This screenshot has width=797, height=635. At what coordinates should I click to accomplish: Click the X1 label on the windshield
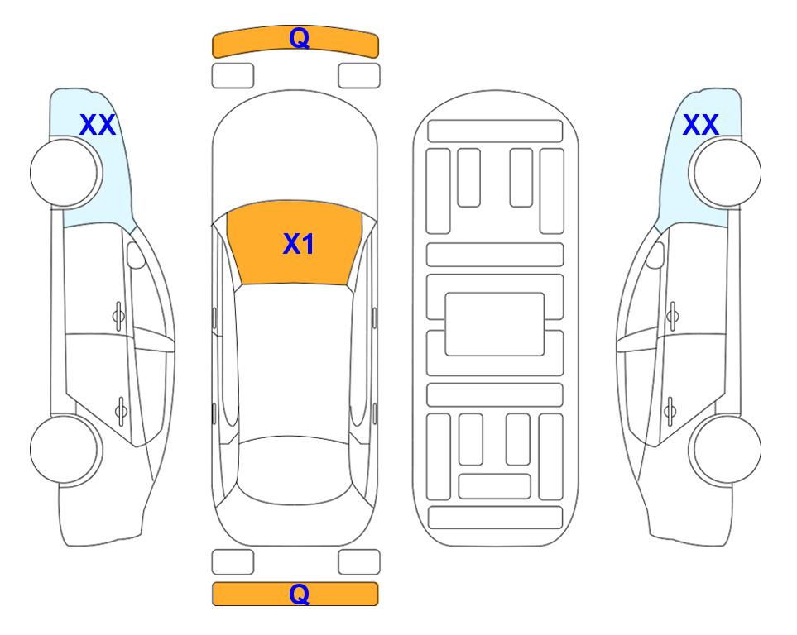click(299, 244)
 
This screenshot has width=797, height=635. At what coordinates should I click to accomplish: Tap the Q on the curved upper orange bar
click(299, 38)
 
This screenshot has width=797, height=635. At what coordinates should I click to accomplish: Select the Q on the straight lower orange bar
click(299, 594)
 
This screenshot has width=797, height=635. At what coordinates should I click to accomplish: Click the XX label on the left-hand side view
click(98, 125)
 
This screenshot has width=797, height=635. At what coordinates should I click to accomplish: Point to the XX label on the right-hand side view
click(700, 125)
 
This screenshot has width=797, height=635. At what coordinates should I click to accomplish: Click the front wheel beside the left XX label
click(65, 172)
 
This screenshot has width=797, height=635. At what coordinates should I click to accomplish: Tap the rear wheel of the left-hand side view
click(65, 449)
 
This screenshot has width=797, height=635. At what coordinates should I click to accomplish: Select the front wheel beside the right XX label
click(725, 172)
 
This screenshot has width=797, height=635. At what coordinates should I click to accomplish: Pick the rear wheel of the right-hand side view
click(725, 449)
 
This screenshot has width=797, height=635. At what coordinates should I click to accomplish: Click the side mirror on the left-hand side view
click(135, 255)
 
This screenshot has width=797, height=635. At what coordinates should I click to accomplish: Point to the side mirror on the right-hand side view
click(655, 255)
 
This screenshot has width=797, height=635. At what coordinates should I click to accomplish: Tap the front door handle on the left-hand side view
click(118, 316)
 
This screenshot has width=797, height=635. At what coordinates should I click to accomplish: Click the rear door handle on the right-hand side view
click(670, 411)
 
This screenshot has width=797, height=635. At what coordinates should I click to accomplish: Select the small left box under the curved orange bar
click(233, 76)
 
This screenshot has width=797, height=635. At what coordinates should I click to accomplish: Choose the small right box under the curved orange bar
click(359, 76)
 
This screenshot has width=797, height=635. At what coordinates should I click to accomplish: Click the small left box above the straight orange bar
click(233, 562)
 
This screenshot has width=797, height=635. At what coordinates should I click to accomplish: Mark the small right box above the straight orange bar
click(359, 562)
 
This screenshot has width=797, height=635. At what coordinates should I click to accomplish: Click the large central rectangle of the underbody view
click(495, 324)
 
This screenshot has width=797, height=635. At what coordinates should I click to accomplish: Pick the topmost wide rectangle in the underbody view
click(495, 131)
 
